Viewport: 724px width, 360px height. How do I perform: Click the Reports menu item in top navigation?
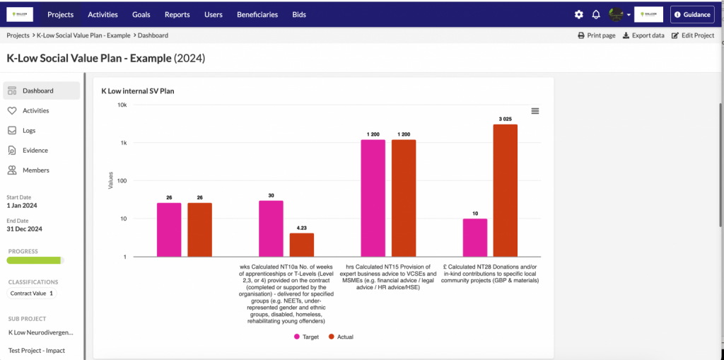coord(177,14)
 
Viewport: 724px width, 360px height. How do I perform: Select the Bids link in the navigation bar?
coord(299,14)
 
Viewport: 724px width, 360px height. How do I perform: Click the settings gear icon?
coord(579,14)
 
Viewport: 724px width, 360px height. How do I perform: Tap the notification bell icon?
coord(596,14)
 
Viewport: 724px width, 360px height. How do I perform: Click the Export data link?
coord(643,35)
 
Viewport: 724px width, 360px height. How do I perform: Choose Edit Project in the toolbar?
coord(693,35)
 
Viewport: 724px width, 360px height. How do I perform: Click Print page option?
coord(596,35)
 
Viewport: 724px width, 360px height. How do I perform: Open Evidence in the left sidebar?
coord(35,150)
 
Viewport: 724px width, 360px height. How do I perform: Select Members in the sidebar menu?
coord(35,170)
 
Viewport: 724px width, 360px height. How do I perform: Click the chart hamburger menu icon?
coord(535,111)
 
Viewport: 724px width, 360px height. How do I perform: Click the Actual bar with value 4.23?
coord(302,244)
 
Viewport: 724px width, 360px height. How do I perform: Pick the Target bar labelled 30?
coord(271,228)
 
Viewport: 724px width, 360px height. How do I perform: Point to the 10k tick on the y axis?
coord(122,105)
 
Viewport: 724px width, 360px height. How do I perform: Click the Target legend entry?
coord(305,337)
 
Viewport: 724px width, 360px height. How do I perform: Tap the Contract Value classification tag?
coord(32,293)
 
